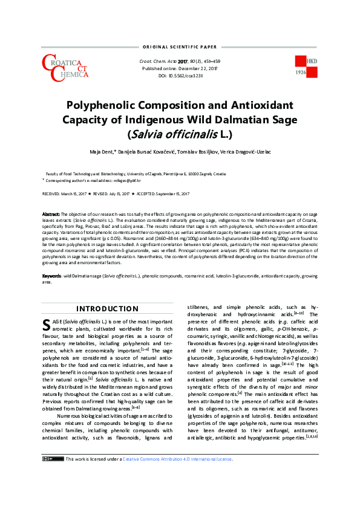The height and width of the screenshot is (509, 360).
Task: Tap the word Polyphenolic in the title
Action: coord(106,104)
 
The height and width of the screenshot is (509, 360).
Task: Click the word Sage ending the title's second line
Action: coord(281,119)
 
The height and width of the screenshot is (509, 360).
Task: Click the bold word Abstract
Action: coord(51,215)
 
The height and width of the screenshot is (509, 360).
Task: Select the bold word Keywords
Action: coord(52,276)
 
